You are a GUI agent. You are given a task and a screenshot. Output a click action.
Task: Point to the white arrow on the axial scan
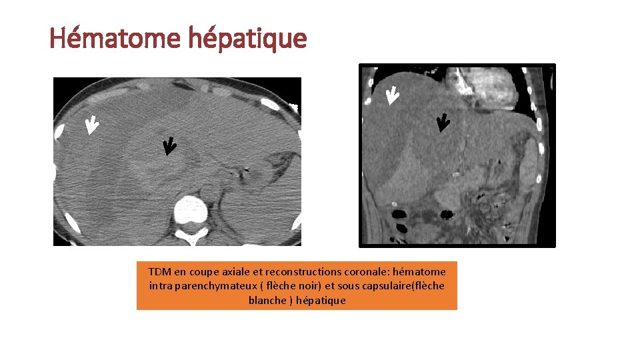pos(91,125)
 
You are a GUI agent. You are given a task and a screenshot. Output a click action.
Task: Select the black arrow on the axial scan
pos(169,146)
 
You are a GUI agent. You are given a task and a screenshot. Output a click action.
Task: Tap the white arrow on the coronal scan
pos(392,96)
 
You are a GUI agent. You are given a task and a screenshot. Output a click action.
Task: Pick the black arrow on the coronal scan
pos(442,123)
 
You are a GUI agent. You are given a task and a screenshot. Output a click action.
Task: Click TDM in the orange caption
pos(160,271)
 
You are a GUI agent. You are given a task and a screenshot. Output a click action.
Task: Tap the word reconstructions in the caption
pos(299,271)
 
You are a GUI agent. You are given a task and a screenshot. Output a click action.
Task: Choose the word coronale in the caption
pos(367,271)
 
